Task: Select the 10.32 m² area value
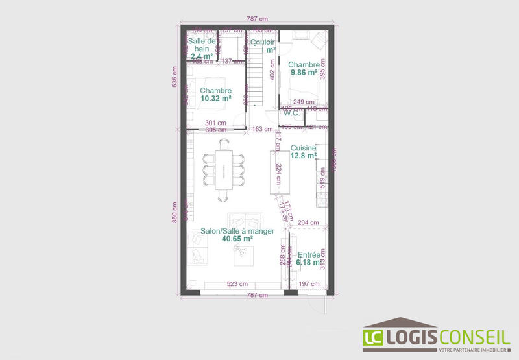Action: point(216,99)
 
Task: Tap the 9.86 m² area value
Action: point(304,73)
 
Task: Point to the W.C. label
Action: point(290,114)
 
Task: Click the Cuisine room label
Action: point(303,148)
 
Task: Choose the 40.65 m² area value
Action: point(237,239)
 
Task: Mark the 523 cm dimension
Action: point(237,284)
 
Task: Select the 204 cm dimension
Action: point(309,222)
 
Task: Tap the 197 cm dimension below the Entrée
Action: point(309,284)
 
